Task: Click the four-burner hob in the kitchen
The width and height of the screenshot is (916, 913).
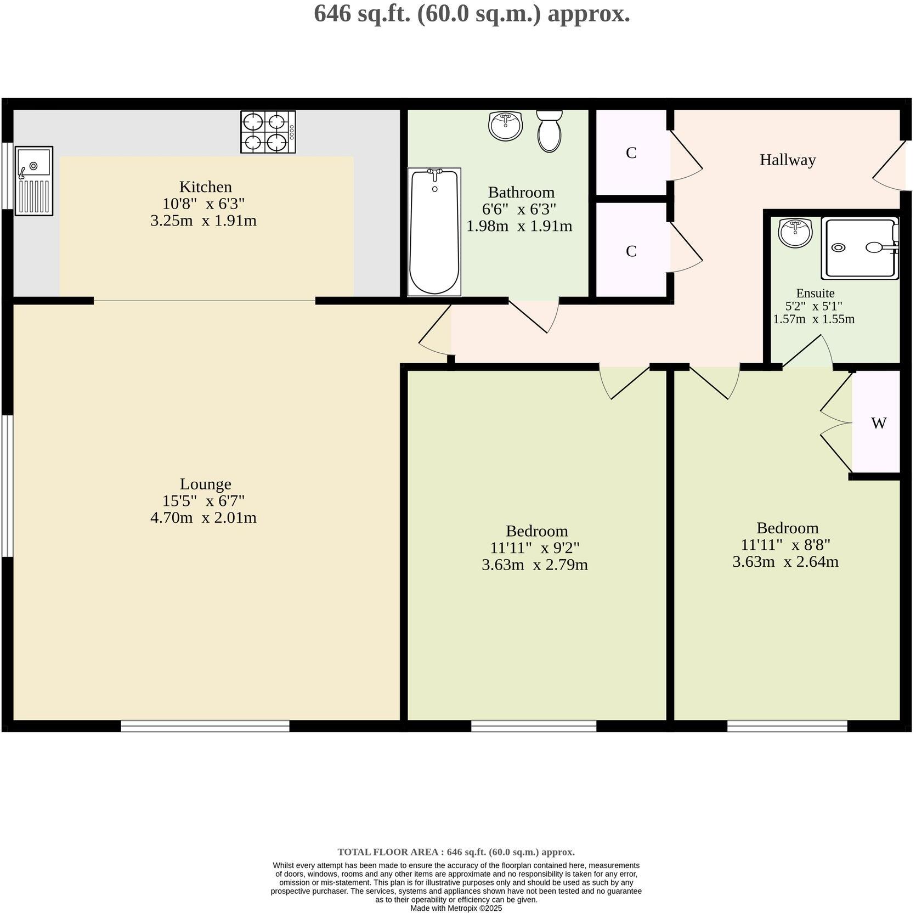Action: coord(268,132)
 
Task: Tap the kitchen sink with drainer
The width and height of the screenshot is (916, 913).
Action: coord(34,181)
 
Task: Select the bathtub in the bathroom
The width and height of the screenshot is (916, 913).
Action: coord(434,232)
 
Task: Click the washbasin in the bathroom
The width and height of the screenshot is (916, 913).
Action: coord(505,126)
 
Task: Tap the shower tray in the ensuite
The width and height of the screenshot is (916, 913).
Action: coord(860,248)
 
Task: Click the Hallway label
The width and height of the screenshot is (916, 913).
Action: coord(788,160)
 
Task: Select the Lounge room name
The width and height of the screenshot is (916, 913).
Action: coord(206,484)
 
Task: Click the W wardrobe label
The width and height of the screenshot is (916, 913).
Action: coord(879,423)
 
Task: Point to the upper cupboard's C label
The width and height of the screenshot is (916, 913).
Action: coord(631,153)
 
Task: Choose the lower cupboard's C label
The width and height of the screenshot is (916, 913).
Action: coord(631,251)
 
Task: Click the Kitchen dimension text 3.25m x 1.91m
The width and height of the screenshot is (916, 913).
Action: coord(203,221)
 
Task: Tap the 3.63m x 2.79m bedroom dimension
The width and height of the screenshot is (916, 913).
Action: coord(535,565)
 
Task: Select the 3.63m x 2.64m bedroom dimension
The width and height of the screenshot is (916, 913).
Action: coord(785,562)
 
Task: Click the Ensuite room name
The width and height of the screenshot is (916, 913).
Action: coord(815,293)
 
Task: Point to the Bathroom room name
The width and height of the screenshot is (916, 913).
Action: coord(521,193)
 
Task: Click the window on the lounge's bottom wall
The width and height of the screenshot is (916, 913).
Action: coord(205,726)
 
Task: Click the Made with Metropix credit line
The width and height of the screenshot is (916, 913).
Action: coord(456,908)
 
